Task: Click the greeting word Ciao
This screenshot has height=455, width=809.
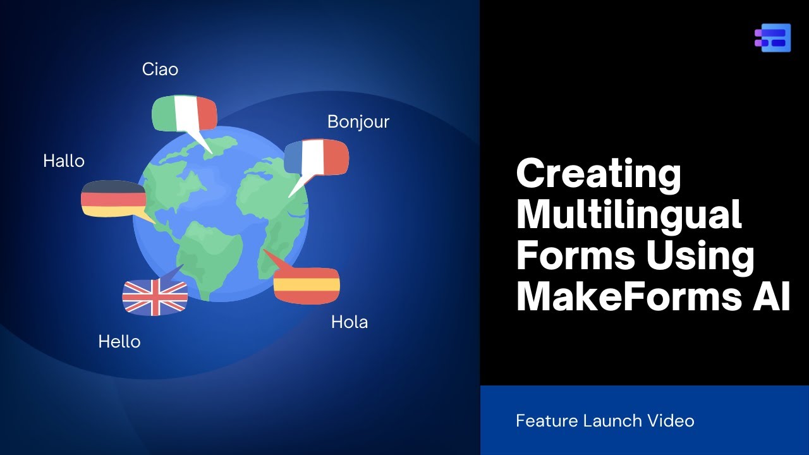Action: (160, 69)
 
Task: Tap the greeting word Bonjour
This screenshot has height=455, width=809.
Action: (358, 121)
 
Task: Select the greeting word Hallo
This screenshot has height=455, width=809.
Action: (64, 161)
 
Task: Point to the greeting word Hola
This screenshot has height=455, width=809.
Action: (349, 322)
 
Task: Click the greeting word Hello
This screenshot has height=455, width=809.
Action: (119, 342)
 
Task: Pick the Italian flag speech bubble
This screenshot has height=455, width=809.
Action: (184, 112)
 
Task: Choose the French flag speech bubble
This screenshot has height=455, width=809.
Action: (316, 157)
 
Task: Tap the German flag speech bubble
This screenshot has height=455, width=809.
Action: (113, 198)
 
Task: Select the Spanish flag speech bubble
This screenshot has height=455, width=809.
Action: (307, 285)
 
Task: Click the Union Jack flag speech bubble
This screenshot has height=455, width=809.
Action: (155, 296)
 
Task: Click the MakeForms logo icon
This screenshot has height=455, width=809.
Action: (772, 38)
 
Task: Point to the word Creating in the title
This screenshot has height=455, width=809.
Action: (599, 174)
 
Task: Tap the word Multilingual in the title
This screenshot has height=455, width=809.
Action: (629, 214)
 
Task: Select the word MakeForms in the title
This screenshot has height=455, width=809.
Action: (623, 296)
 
